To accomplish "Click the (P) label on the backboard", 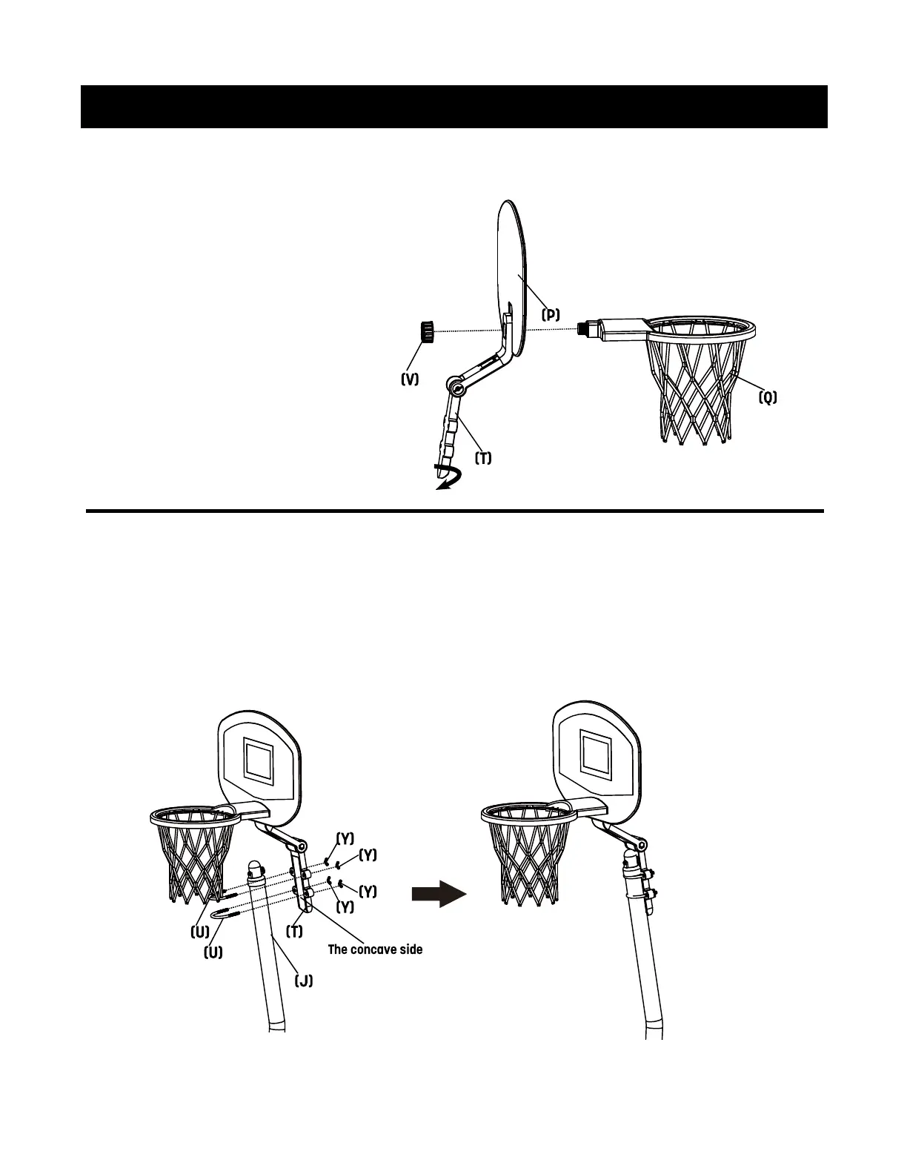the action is pos(550,314).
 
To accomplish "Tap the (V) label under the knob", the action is pos(410,379).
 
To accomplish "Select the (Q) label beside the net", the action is pos(768,397).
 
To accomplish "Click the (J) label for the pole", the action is pos(303,981).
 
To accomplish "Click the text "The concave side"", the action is pos(375,949).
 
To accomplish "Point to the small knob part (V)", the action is pos(426,331).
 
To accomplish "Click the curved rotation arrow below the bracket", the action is pos(446,480).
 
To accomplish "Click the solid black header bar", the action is pos(453,107).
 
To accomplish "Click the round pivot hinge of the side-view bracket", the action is pos(456,386).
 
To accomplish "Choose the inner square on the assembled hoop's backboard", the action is pos(594,753).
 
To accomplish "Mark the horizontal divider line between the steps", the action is pos(453,511).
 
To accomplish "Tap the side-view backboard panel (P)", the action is pos(511,267).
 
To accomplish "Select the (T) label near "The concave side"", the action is pos(295,932).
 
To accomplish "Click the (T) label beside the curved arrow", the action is pos(482,458).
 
